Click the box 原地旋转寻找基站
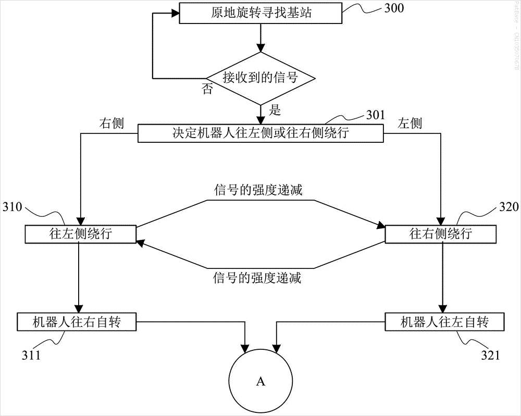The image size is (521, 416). point(260,13)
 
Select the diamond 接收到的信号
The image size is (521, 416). point(261,79)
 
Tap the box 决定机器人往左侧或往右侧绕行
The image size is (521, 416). point(260,133)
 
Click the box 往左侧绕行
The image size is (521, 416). point(80,234)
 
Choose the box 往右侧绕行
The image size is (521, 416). point(441,234)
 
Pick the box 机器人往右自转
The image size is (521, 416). point(77,322)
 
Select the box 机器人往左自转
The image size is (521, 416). point(444,322)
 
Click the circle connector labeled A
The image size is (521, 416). point(261,381)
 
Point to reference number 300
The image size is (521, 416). point(394,8)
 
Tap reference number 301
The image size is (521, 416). point(376,115)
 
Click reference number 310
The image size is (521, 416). point(13,207)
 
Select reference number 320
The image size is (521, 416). point(509,207)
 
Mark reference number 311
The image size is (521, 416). point(31,356)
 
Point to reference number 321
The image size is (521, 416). point(490,356)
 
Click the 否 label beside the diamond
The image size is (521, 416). point(207,89)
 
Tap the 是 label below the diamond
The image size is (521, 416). point(275,110)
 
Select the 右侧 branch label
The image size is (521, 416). point(111,123)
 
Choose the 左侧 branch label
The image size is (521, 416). point(410,123)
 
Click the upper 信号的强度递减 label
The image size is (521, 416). point(258,190)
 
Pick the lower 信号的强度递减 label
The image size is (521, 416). point(257,278)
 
